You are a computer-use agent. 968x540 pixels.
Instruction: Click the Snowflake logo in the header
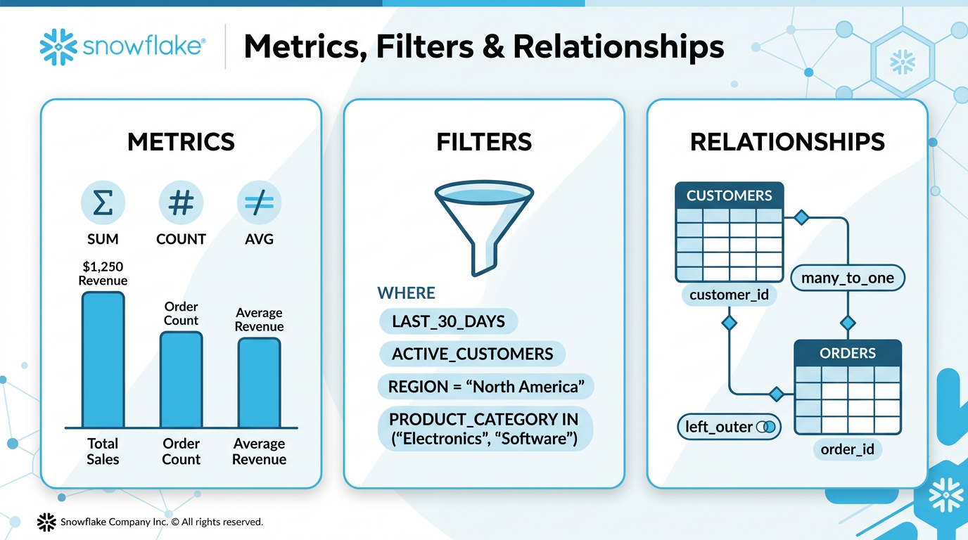click(x=123, y=47)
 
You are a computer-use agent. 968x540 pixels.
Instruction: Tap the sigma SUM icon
click(x=103, y=203)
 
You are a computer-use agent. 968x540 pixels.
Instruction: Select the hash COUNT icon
click(x=181, y=203)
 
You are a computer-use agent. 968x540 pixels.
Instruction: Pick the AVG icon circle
click(x=259, y=203)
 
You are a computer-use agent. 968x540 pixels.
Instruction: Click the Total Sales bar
click(x=103, y=359)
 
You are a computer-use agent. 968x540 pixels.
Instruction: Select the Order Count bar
click(x=181, y=380)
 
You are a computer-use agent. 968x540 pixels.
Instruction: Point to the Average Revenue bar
click(x=259, y=382)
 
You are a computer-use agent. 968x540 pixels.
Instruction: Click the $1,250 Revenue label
click(x=103, y=274)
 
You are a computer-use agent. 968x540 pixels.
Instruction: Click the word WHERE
click(x=407, y=293)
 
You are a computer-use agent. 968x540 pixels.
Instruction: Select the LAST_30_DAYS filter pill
click(x=448, y=322)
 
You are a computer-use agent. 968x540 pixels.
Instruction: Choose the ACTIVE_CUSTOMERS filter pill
click(x=472, y=354)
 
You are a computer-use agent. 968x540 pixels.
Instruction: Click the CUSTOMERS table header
click(x=729, y=196)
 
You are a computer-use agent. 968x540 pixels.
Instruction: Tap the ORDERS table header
click(x=848, y=354)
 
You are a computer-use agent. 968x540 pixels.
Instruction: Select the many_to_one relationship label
click(x=848, y=278)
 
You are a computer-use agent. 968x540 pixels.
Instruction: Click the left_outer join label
click(x=729, y=427)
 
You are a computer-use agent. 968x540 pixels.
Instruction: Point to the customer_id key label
click(x=729, y=295)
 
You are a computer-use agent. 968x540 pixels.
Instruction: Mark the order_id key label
click(x=848, y=449)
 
